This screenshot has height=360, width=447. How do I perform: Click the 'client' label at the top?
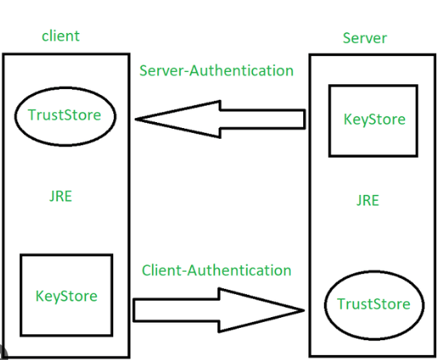[x=60, y=36]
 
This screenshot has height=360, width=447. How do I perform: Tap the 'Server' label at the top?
[x=364, y=38]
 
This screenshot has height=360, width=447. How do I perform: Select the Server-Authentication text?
[x=216, y=70]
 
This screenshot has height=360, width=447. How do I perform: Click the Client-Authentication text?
[x=216, y=270]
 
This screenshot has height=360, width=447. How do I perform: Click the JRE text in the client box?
[x=60, y=197]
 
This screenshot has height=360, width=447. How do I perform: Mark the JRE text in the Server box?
[x=368, y=200]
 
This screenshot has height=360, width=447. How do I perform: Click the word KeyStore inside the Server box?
[x=374, y=119]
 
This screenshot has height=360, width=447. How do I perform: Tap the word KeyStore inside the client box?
[x=66, y=296]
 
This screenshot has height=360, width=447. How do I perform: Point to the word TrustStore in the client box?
[x=64, y=115]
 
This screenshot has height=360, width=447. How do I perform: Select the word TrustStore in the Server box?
[x=373, y=304]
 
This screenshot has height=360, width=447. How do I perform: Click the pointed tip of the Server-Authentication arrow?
[x=136, y=120]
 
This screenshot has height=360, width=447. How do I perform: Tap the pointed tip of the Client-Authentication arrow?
[x=304, y=310]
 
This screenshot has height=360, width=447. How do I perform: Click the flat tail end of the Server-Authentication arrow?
[x=305, y=119]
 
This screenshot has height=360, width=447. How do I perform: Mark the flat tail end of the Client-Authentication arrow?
[x=134, y=310]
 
